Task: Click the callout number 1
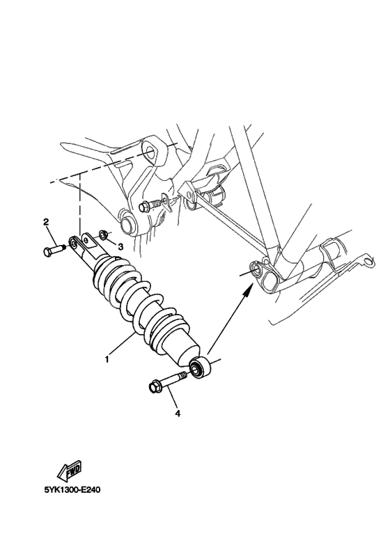[107, 360]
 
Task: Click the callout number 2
[46, 223]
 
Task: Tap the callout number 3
[120, 246]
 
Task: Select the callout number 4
[178, 413]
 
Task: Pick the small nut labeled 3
[102, 235]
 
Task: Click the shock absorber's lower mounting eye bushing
[201, 367]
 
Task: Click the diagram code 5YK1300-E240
[73, 489]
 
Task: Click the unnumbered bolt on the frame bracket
[149, 206]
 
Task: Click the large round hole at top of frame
[148, 152]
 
